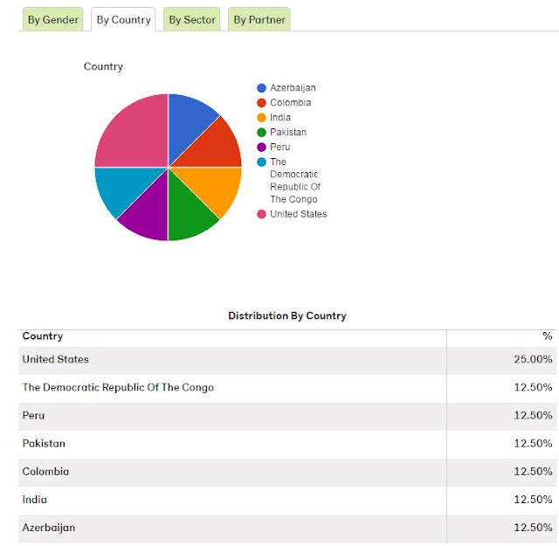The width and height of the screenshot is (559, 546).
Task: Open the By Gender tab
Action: tap(52, 19)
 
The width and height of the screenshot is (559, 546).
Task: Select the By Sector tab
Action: tap(192, 19)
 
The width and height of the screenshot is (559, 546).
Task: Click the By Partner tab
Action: tap(259, 19)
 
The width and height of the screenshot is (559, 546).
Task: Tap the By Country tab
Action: tap(123, 19)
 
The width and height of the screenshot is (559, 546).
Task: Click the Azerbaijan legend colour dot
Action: tap(261, 88)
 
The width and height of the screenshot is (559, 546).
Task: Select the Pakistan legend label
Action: tap(288, 132)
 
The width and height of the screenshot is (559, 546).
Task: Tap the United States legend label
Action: tap(299, 214)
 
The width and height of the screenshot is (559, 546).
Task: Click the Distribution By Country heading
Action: tap(287, 315)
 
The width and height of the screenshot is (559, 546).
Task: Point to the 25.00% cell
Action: tap(533, 359)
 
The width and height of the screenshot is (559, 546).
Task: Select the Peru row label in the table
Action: tap(33, 416)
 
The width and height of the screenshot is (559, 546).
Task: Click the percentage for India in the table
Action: tap(533, 500)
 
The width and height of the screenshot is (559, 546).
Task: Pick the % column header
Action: tap(548, 336)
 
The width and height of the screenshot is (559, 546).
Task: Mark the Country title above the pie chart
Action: tap(103, 66)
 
